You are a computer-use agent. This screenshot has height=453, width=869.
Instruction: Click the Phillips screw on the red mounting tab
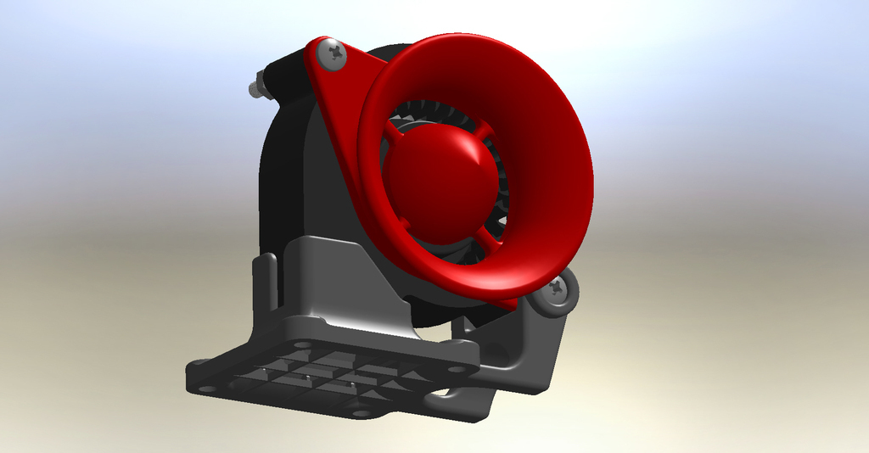pos(332,55)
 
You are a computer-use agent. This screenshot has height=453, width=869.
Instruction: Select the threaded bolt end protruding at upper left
pos(256,88)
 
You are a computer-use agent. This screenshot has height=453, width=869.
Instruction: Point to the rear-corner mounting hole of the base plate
pos(301,344)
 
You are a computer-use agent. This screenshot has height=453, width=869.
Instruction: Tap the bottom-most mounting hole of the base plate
pos(361,413)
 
